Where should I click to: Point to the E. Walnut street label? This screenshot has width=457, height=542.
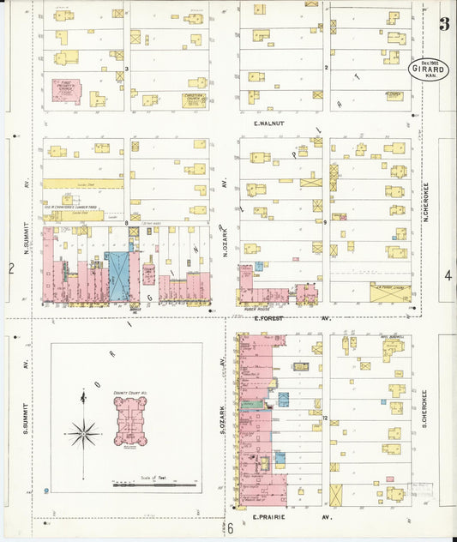pyautogui.click(x=268, y=123)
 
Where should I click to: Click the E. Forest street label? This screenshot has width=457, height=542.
pyautogui.click(x=269, y=317)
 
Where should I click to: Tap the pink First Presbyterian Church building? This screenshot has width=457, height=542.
pyautogui.click(x=67, y=90)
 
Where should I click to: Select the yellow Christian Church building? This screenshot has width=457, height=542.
pyautogui.click(x=196, y=99)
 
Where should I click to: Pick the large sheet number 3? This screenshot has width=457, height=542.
pyautogui.click(x=444, y=23)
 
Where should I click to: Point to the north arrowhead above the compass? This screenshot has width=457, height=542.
pyautogui.click(x=83, y=394)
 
